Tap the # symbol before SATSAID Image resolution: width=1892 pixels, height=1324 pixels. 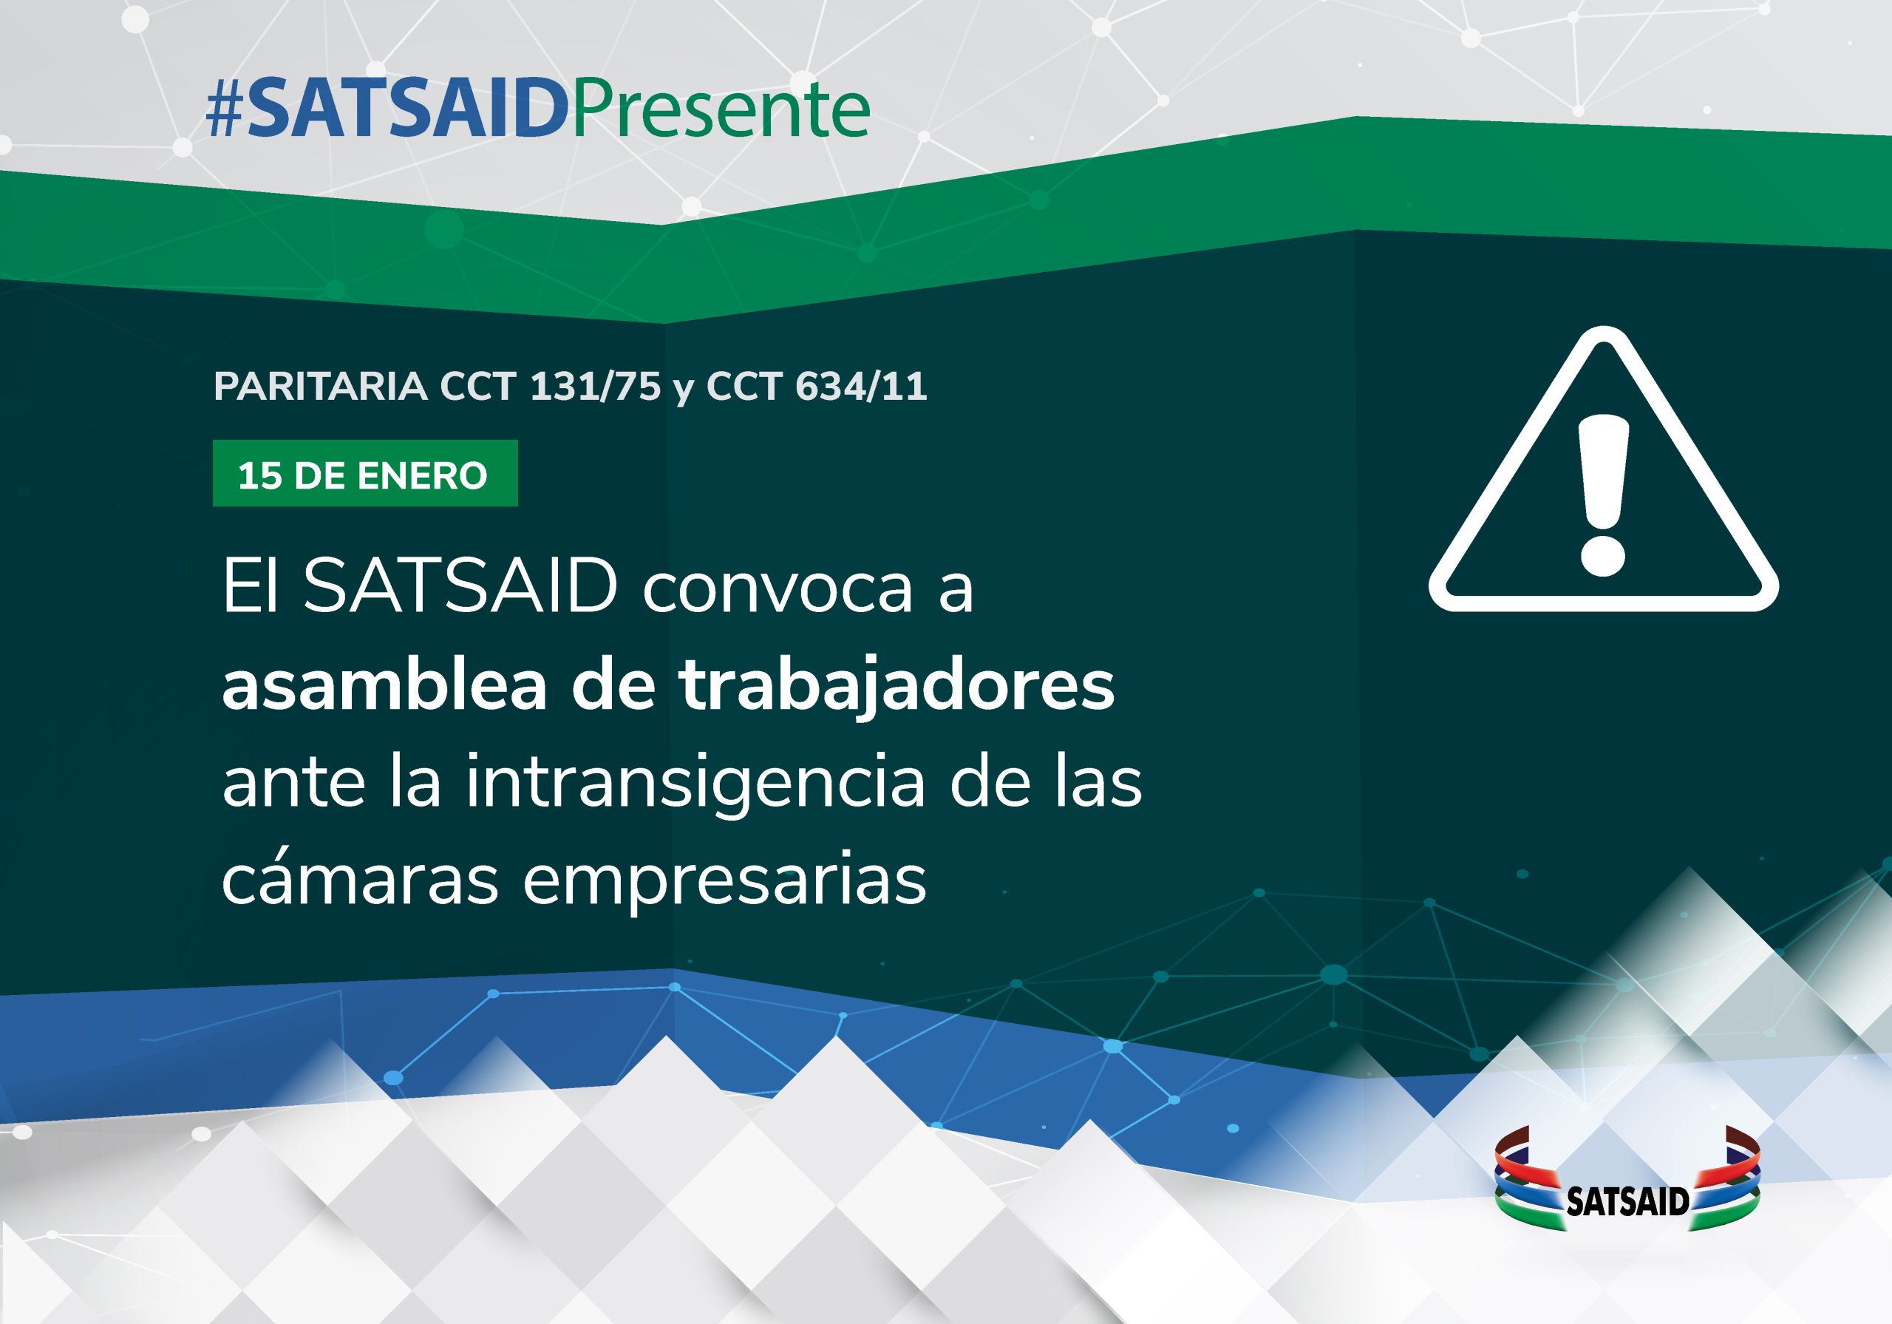224,109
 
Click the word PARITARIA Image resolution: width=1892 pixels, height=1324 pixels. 321,386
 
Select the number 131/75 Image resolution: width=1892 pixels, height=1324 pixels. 595,386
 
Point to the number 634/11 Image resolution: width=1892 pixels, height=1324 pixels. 861,386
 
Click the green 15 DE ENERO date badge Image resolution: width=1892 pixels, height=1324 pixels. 365,473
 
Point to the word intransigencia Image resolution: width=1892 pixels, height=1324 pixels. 695,783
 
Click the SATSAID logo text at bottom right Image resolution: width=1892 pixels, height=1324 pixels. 1627,1202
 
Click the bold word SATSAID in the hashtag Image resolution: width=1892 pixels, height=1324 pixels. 407,109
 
